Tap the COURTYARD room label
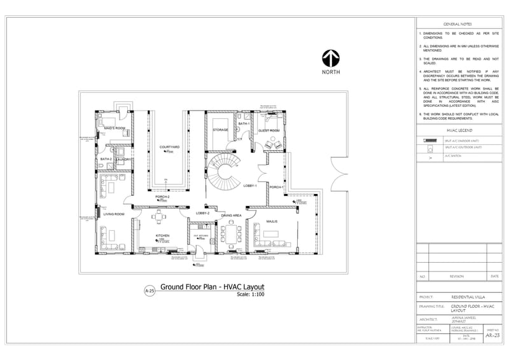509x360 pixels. (x=169, y=147)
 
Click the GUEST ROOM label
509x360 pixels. (x=268, y=130)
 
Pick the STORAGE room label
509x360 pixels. (x=220, y=130)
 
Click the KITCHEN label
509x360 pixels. (x=162, y=235)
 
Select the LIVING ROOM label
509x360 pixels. (x=113, y=214)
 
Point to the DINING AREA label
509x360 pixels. (x=231, y=216)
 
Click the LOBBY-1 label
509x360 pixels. (x=249, y=186)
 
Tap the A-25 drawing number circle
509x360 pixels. (x=150, y=291)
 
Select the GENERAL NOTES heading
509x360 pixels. (x=457, y=22)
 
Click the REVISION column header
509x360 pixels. (x=457, y=277)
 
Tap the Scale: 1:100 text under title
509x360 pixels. (x=250, y=294)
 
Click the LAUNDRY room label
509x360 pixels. (x=124, y=159)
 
